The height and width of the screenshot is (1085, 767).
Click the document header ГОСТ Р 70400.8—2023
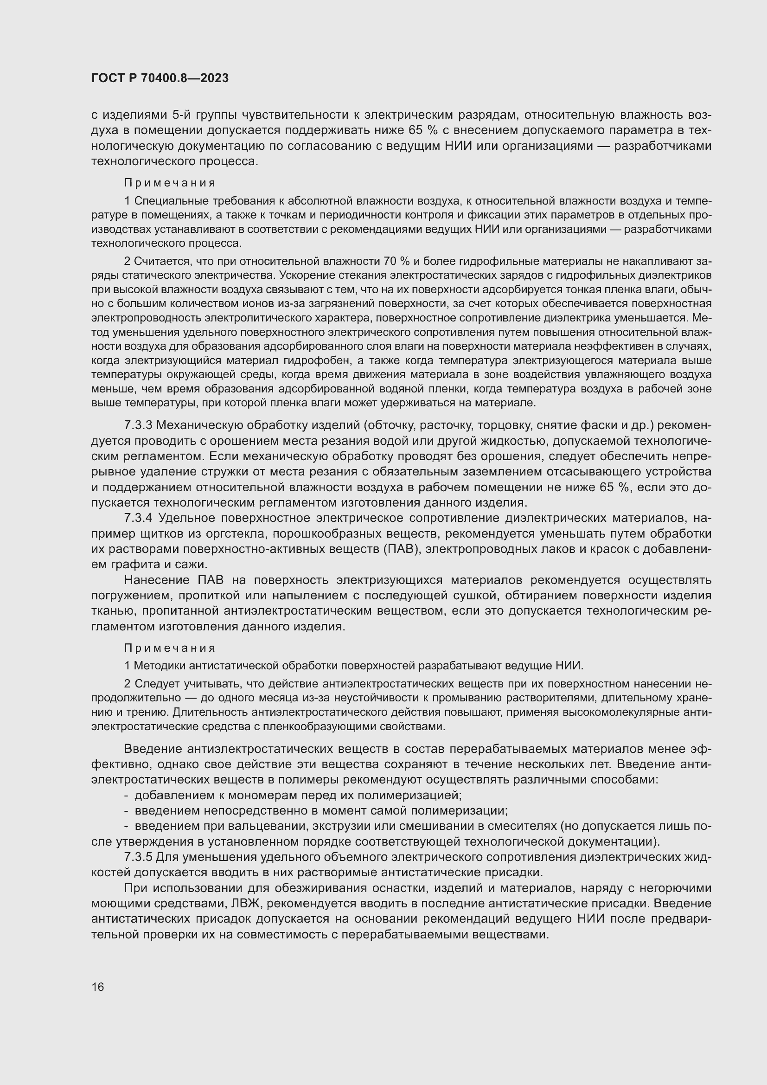click(x=160, y=78)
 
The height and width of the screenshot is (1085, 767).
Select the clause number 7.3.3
click(x=138, y=425)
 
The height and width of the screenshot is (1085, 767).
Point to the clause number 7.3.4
click(x=138, y=518)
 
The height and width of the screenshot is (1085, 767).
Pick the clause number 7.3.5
click(x=138, y=857)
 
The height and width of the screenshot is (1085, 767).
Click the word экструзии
click(x=340, y=826)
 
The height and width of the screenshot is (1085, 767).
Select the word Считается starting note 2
click(x=159, y=261)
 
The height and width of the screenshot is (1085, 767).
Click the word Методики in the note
click(x=159, y=666)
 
